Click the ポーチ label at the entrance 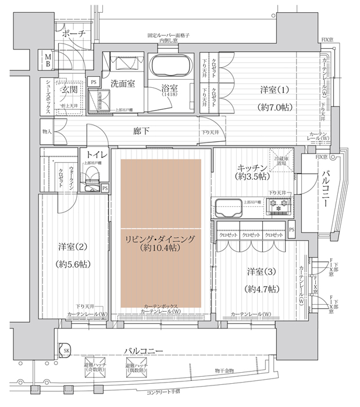pyautogui.click(x=74, y=34)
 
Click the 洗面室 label pyautogui.click(x=123, y=83)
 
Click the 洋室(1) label pyautogui.click(x=273, y=91)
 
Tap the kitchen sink pyautogui.click(x=228, y=208)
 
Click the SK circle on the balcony pyautogui.click(x=66, y=351)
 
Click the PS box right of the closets pyautogui.click(x=291, y=230)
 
